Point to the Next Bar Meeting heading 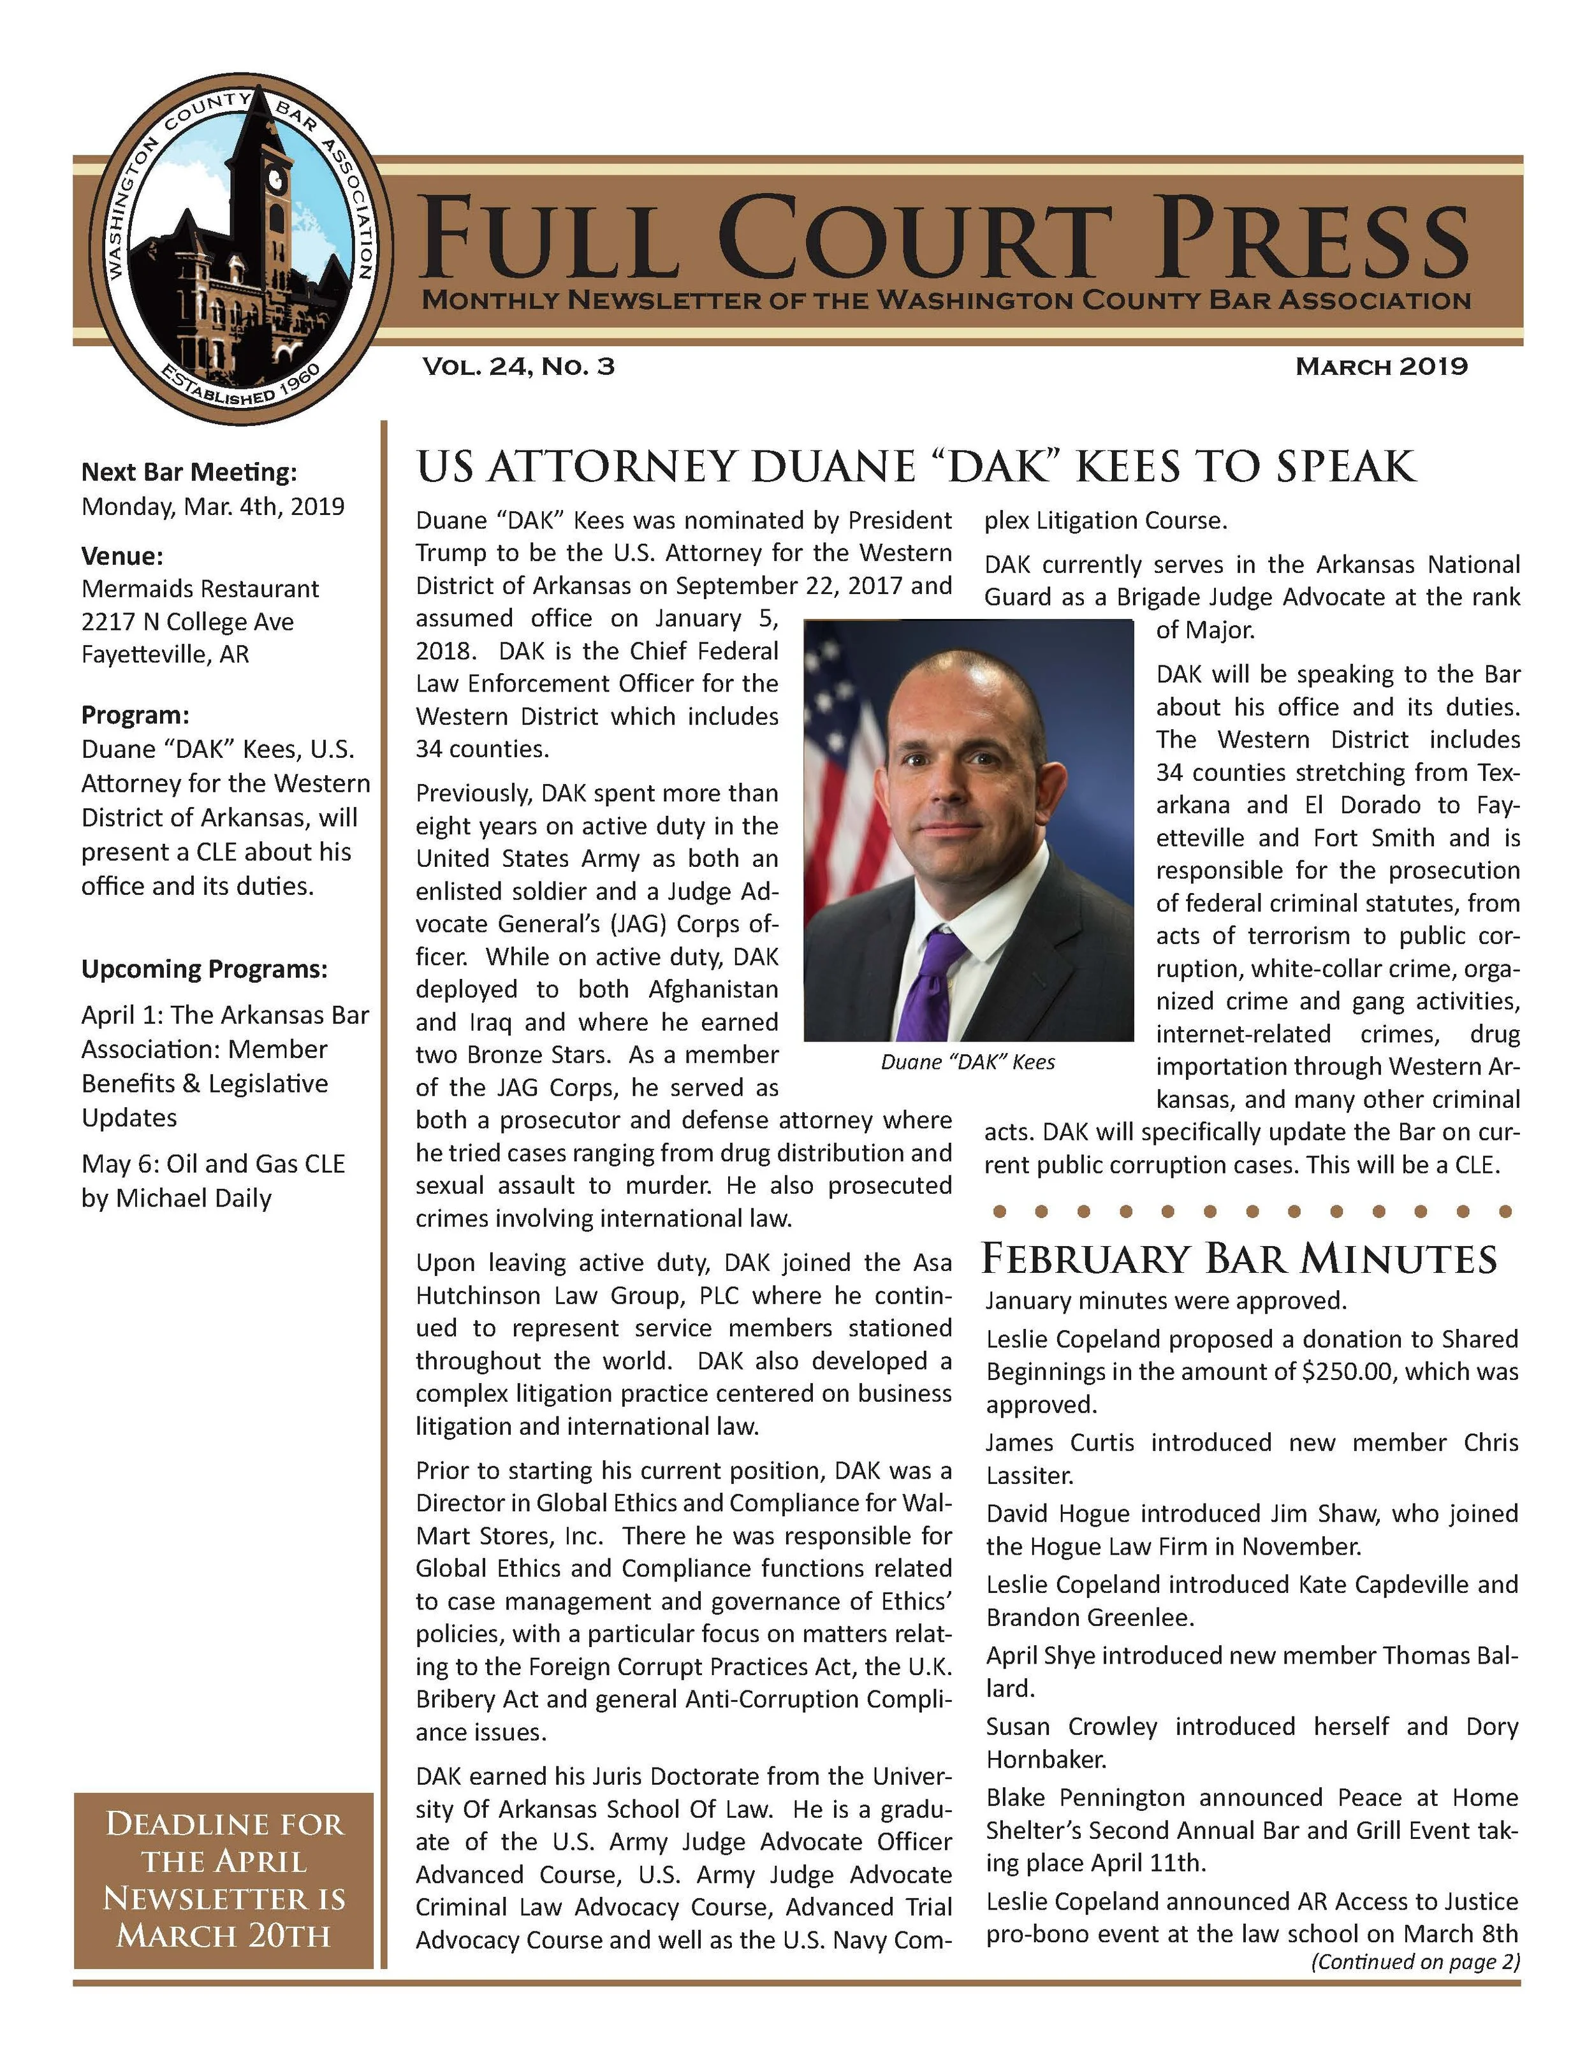(x=188, y=472)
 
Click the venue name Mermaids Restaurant (x=200, y=589)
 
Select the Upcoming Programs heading (x=204, y=969)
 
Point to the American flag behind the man (x=842, y=753)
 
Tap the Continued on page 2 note (x=1414, y=1962)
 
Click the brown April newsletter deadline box (x=224, y=1879)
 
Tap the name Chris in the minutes (x=1491, y=1442)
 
